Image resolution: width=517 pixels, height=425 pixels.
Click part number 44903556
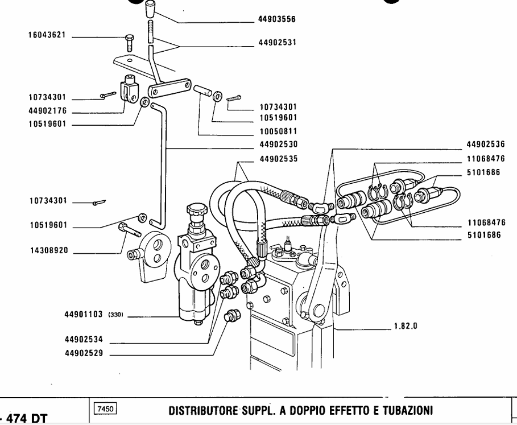click(x=277, y=19)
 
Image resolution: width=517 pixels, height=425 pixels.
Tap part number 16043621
click(x=47, y=35)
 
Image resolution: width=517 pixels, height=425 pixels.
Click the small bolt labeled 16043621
click(x=129, y=43)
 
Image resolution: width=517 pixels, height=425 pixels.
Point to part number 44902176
click(x=47, y=111)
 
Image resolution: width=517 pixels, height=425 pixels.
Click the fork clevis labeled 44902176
click(x=131, y=88)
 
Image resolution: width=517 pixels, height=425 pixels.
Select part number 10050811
click(x=279, y=131)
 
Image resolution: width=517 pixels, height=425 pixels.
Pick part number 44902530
click(x=279, y=145)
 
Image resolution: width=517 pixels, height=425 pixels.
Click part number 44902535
click(x=279, y=159)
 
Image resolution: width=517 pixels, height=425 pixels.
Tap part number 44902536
click(x=486, y=145)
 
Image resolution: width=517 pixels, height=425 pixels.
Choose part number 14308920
click(x=49, y=250)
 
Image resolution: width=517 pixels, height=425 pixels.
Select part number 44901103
click(x=84, y=314)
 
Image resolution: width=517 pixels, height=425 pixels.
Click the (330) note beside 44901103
click(x=115, y=315)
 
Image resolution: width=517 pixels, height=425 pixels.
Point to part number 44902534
click(x=84, y=339)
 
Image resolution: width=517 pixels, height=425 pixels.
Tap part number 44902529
click(x=84, y=353)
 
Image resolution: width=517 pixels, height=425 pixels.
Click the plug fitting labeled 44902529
click(x=232, y=316)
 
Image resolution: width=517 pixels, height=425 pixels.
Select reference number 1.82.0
click(x=406, y=326)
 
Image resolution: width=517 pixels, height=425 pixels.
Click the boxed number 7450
click(x=106, y=409)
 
